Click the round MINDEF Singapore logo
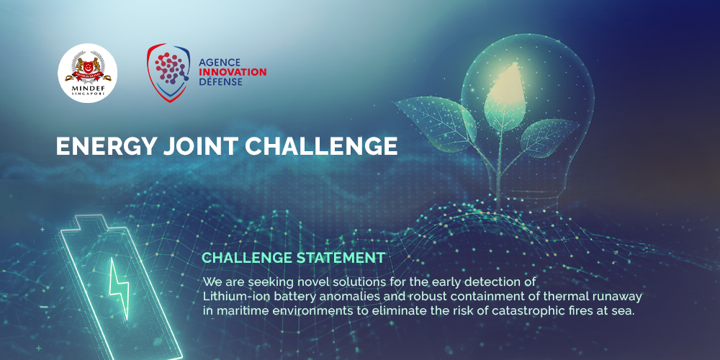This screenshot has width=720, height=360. point(87,73)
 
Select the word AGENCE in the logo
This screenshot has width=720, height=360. point(220,63)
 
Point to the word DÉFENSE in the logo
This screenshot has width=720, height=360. point(221,82)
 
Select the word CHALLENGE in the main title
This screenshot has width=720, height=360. point(321,146)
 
